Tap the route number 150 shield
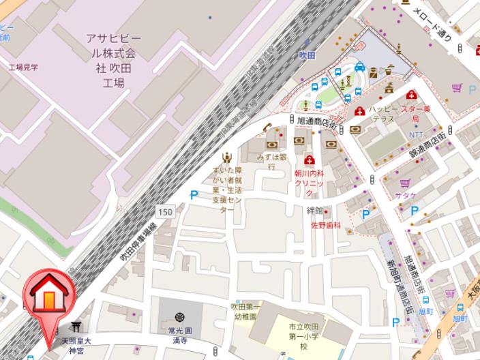166,212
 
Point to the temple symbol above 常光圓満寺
179,317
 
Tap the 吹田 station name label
307,55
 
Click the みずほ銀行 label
271,161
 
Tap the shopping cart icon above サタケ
405,183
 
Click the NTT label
415,134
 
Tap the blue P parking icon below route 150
194,195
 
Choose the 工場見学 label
23,67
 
